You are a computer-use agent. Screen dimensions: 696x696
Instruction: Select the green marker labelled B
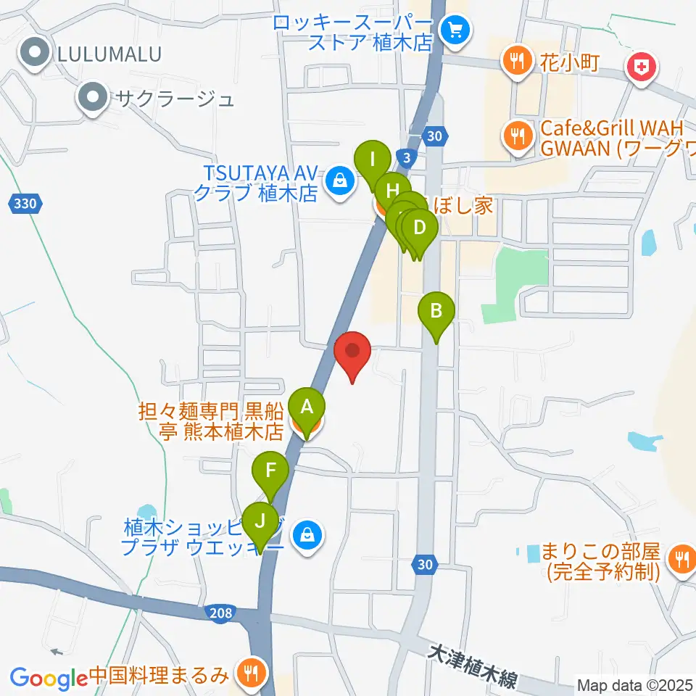tap(436, 312)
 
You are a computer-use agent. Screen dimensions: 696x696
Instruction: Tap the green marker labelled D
tap(420, 228)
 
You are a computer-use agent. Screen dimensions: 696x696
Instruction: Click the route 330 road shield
tap(25, 204)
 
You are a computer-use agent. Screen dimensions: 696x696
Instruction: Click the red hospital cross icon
tap(642, 69)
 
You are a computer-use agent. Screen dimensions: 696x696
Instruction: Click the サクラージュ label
tap(172, 97)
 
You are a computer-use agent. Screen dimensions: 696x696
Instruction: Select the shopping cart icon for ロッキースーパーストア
tap(457, 30)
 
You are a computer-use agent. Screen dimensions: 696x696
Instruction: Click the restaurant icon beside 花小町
tap(516, 61)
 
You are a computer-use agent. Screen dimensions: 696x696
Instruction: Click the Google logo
tap(49, 678)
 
